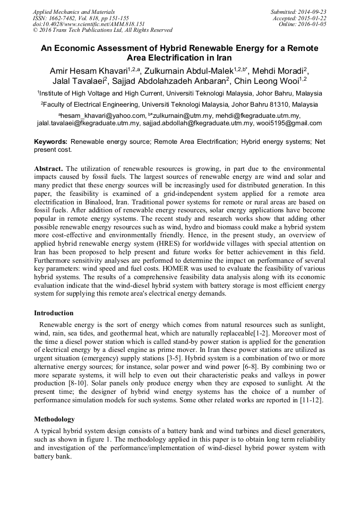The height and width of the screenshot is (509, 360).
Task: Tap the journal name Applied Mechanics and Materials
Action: click(74, 11)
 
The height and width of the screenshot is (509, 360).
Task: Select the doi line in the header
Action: click(89, 24)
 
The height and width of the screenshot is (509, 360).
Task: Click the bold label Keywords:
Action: click(51, 142)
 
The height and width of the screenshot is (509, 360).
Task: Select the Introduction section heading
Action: click(54, 313)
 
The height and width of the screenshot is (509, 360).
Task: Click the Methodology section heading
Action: click(54, 419)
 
